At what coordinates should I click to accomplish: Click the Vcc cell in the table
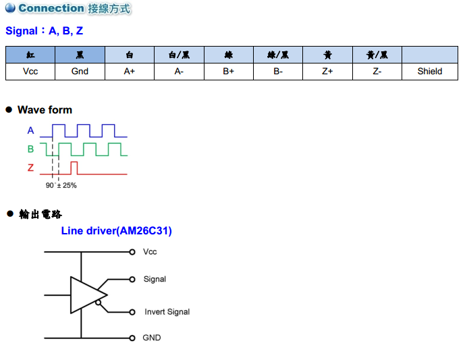click(x=30, y=71)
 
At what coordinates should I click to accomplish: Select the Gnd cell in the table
click(x=80, y=71)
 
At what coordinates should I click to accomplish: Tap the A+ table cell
click(x=130, y=71)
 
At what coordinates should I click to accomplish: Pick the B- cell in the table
click(x=278, y=71)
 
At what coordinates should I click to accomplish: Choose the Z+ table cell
click(x=327, y=71)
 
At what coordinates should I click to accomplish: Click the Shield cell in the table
click(x=430, y=71)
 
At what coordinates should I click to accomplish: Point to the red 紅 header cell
click(x=30, y=55)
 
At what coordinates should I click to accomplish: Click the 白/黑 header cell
click(x=179, y=55)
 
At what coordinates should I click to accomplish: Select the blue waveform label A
click(x=30, y=131)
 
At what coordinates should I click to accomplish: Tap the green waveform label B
click(x=30, y=149)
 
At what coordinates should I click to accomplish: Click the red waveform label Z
click(x=30, y=168)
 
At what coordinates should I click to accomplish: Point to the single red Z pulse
click(x=74, y=167)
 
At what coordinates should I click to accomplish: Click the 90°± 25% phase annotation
click(x=61, y=185)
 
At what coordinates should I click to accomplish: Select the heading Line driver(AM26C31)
click(x=116, y=231)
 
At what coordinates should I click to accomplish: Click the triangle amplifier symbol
click(x=86, y=294)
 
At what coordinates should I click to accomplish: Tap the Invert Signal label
click(x=167, y=312)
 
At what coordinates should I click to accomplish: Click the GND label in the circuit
click(x=152, y=338)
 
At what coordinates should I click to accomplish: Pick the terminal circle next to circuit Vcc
click(x=132, y=252)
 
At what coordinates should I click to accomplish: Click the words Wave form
click(x=45, y=109)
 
